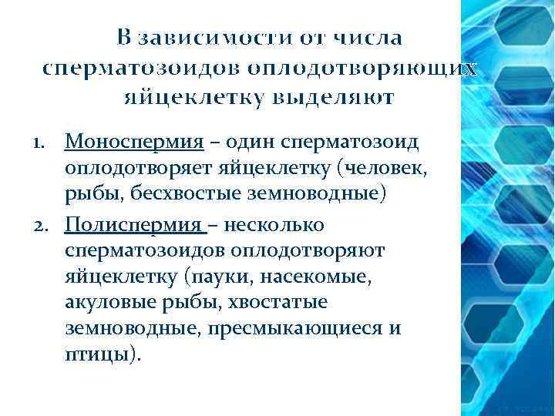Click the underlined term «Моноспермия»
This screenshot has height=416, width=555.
134,143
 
